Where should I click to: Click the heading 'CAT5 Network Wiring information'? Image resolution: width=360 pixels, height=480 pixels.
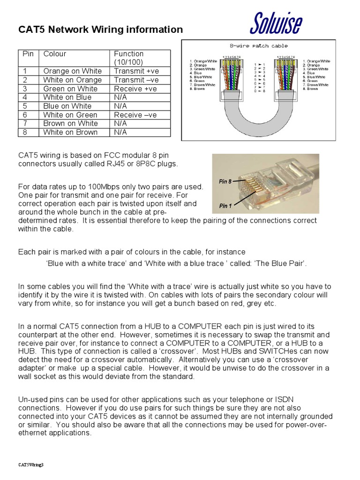[x=100, y=30]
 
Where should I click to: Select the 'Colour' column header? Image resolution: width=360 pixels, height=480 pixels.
[x=55, y=54]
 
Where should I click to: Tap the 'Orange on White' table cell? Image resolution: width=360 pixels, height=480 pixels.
[x=72, y=71]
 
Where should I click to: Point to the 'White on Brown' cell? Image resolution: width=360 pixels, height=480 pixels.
[x=70, y=132]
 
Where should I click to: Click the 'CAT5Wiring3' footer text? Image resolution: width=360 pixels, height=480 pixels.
[x=31, y=465]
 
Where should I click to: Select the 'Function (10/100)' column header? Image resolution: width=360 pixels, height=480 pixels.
[x=129, y=58]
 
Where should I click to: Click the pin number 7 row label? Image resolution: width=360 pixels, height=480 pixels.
[x=26, y=123]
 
